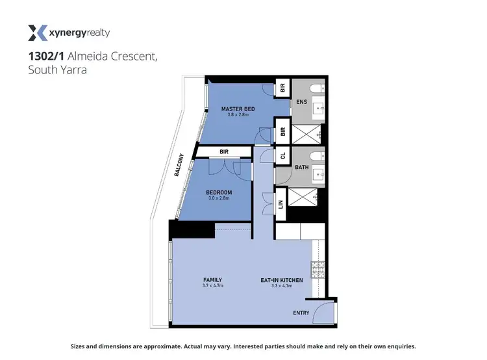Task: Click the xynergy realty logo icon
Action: [x=38, y=33]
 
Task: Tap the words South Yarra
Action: [x=57, y=71]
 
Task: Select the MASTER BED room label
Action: [x=237, y=109]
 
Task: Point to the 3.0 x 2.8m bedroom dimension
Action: [x=219, y=198]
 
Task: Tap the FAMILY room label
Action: [x=212, y=280]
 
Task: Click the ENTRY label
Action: [x=301, y=313]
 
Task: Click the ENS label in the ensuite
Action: [x=301, y=101]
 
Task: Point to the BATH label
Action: [x=301, y=167]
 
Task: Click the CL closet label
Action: [x=282, y=156]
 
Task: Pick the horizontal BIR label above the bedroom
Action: [x=223, y=152]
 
